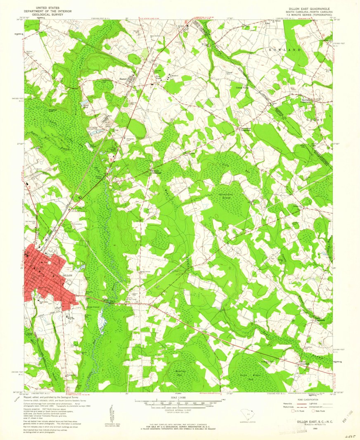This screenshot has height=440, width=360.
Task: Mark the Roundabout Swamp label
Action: [226, 192]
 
